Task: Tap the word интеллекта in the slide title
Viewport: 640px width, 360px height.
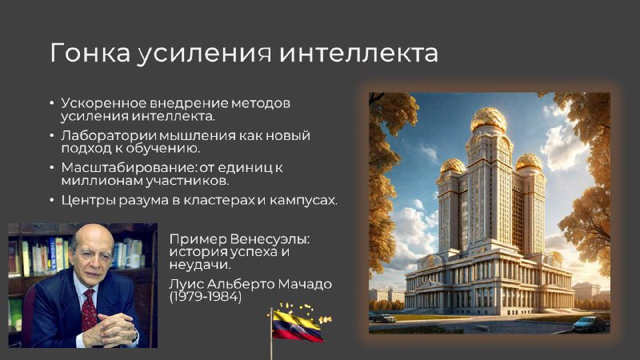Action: coord(358,53)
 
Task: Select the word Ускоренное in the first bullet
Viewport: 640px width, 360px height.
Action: coord(104,103)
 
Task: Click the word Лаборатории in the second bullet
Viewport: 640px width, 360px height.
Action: coord(109,135)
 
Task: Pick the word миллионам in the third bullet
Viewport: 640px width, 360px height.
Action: coord(102,181)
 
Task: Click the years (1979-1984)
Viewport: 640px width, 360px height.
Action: coord(206,297)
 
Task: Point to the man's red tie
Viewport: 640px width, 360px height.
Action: coord(89,310)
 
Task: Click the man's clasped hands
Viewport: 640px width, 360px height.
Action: coord(111,330)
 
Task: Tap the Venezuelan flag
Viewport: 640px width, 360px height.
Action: coord(297,326)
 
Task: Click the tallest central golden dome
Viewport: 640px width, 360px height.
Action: coord(489,119)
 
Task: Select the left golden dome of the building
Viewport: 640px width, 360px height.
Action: coord(453,166)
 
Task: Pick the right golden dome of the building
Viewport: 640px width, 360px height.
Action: coord(529,162)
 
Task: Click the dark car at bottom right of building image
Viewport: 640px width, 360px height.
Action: coord(589,325)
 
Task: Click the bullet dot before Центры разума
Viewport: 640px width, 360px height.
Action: coord(52,200)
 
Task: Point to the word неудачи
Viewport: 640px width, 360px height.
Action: coord(200,265)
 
